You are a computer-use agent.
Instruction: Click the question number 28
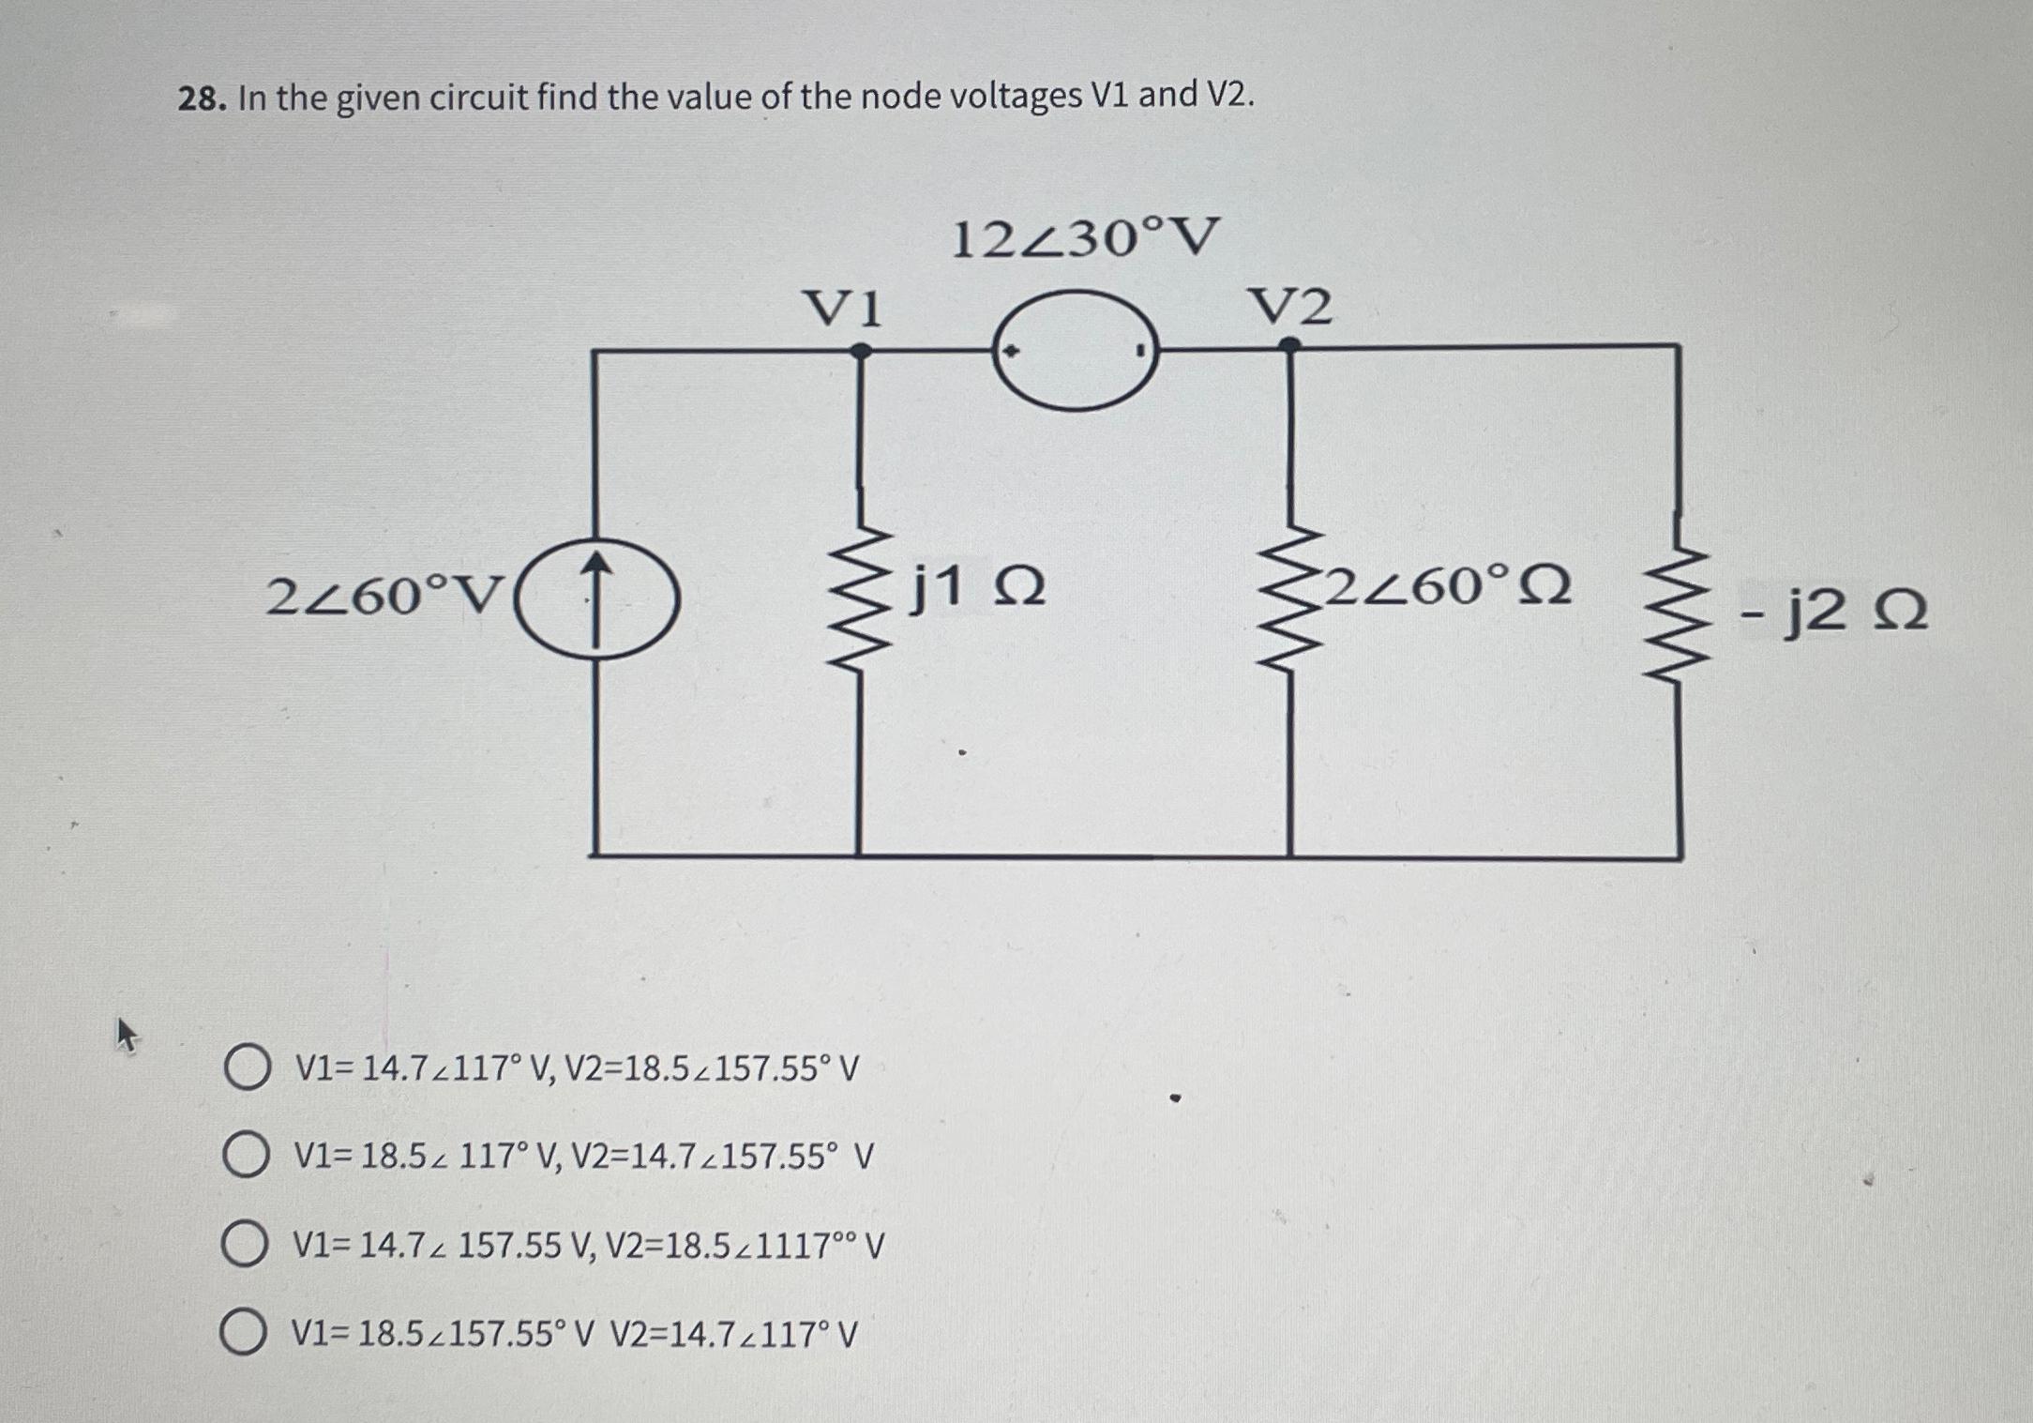(x=199, y=98)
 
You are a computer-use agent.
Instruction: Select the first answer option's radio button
(x=247, y=1069)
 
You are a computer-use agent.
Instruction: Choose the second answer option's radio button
(x=245, y=1157)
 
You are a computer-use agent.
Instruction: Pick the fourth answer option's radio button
(x=243, y=1333)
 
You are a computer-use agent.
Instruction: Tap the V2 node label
(x=1289, y=308)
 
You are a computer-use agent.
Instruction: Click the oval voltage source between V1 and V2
(x=1076, y=350)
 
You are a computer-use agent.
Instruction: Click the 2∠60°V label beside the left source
(x=385, y=597)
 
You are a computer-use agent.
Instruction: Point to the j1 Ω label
(x=978, y=589)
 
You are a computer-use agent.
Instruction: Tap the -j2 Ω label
(x=1833, y=612)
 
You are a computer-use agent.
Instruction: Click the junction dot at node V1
(x=860, y=351)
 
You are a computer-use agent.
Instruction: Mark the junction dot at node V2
(x=1290, y=345)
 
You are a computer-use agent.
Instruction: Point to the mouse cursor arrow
(x=126, y=1036)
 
